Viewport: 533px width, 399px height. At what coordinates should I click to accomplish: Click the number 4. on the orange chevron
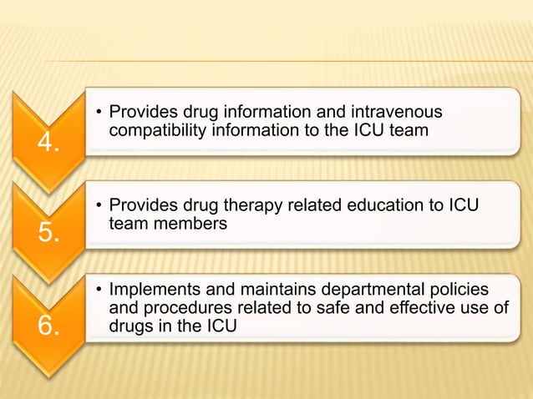48,144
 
